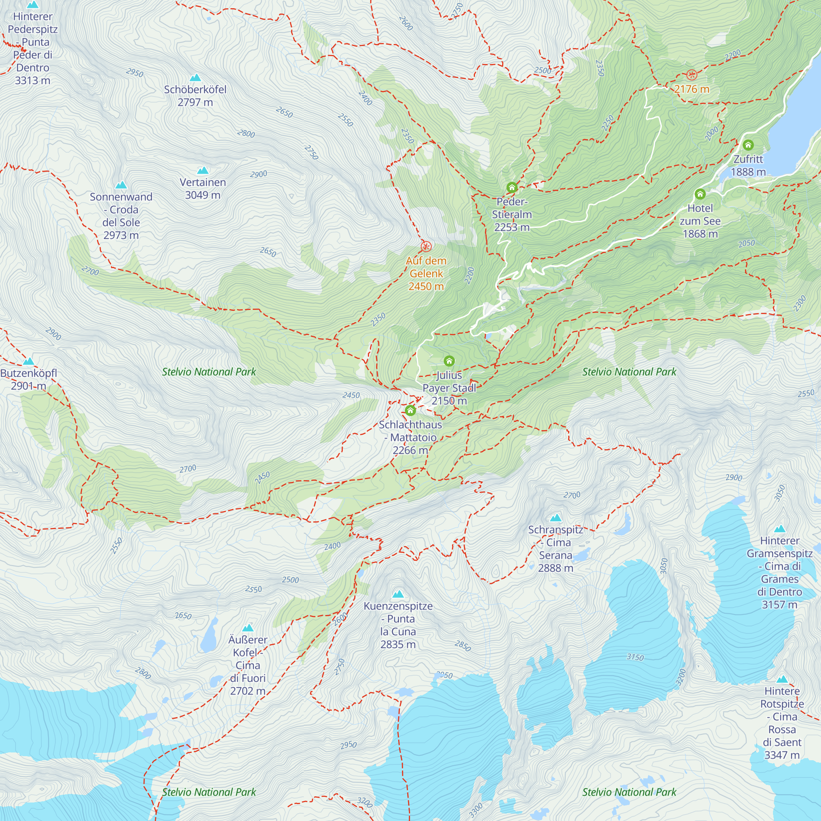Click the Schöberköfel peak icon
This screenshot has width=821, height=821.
195,78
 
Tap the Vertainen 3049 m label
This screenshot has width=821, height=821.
203,189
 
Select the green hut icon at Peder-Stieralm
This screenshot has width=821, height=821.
511,188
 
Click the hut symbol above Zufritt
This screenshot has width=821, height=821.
748,145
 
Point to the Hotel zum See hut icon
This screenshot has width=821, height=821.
700,194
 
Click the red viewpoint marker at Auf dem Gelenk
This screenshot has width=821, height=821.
426,246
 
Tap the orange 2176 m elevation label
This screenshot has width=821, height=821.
691,89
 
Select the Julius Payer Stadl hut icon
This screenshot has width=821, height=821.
449,361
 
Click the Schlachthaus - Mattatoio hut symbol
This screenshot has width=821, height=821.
410,410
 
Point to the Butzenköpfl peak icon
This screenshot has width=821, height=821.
28,362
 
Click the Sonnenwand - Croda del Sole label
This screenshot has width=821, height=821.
121,216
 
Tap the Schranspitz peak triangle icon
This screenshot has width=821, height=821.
556,518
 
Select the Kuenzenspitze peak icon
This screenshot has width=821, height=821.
398,594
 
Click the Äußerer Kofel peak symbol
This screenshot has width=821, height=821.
248,628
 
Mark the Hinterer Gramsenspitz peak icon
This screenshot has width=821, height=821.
780,529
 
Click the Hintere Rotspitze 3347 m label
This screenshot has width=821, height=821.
782,723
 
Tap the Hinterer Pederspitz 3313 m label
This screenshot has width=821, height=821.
33,48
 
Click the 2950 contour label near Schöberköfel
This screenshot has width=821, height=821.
135,73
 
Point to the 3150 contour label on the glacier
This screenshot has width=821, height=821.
635,657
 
